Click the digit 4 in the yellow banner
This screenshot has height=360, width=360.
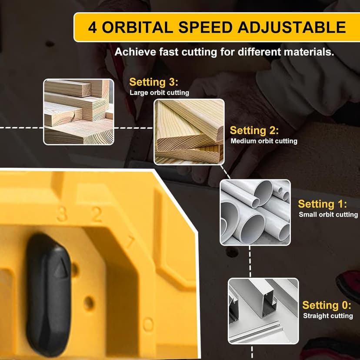(92, 27)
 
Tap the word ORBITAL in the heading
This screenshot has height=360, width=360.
(138, 27)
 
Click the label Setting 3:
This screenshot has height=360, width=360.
(154, 82)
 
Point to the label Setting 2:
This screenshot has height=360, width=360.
(254, 130)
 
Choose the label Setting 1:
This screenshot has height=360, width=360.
(322, 204)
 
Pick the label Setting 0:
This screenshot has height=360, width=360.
(327, 305)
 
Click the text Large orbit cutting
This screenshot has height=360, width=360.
(159, 93)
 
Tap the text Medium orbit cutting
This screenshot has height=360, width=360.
(264, 141)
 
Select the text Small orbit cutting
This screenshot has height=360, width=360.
(328, 214)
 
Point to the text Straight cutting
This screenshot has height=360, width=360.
(328, 316)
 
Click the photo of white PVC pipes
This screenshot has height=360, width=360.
(255, 212)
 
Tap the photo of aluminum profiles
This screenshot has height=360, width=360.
(263, 311)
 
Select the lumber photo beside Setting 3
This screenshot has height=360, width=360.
(79, 112)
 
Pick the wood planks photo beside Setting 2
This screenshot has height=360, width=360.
(189, 132)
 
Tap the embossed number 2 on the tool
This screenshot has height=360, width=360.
(96, 214)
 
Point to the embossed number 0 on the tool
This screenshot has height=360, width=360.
(148, 324)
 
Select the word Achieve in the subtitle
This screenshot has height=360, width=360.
(134, 52)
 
